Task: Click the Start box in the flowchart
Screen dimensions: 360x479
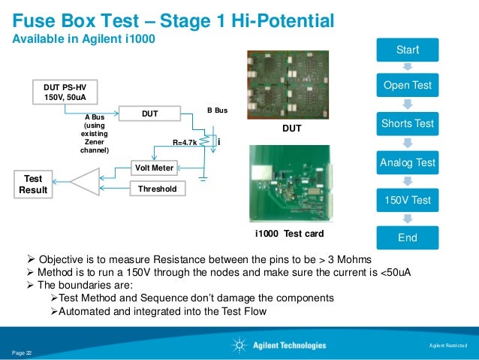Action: [x=407, y=50]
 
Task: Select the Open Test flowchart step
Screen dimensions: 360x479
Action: [x=407, y=85]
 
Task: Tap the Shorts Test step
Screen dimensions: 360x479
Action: [x=407, y=123]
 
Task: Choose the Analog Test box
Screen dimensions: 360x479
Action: [x=407, y=162]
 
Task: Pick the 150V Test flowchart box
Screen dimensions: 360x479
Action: [x=407, y=200]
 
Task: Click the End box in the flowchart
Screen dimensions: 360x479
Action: [x=407, y=238]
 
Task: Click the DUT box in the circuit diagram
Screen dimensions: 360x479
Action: [x=149, y=113]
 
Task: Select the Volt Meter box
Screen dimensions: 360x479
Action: [x=154, y=168]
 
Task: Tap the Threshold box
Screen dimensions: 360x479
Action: [x=157, y=189]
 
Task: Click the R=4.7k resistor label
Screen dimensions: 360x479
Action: [x=185, y=141]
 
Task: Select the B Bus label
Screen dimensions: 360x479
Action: [x=216, y=110]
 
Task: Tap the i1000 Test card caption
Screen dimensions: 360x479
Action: [x=289, y=234]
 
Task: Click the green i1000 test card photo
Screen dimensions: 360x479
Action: [x=290, y=183]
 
